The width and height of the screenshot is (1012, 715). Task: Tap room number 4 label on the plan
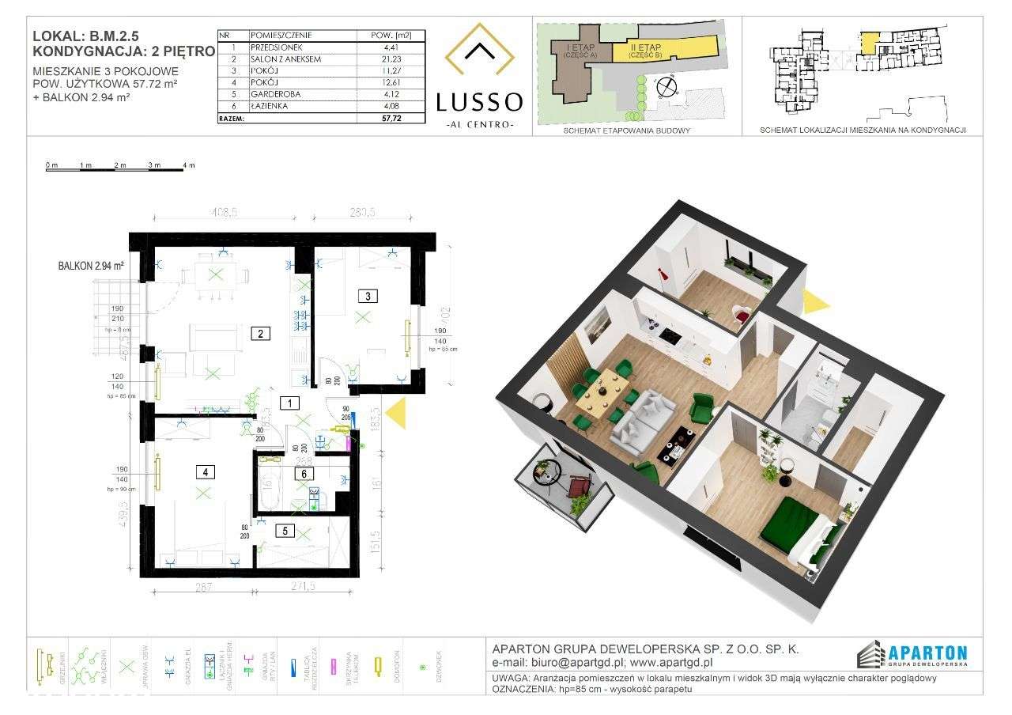point(205,473)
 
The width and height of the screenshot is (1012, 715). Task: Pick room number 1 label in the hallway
point(292,403)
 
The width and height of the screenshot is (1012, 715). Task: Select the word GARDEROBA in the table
point(274,93)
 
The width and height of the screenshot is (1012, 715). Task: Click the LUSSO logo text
point(479,101)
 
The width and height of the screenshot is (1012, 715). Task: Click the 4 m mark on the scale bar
point(188,165)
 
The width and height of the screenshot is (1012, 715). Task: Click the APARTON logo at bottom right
point(912,653)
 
